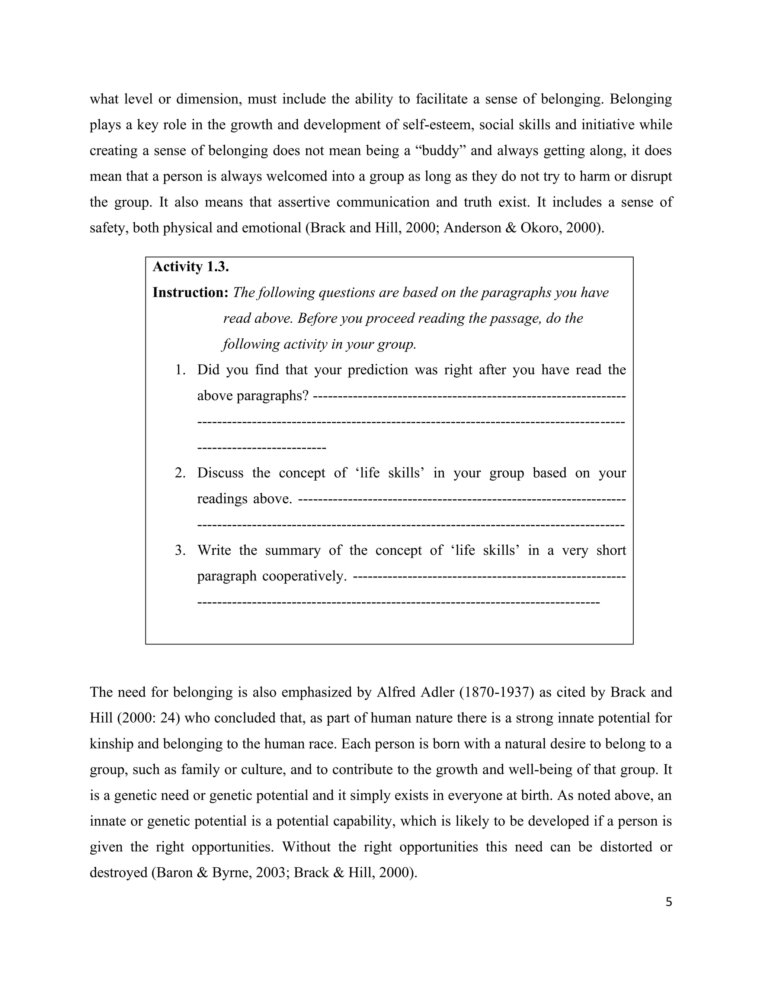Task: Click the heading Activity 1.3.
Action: pos(190,267)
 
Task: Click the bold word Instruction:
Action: pos(190,292)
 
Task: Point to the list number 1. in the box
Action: pos(180,370)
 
